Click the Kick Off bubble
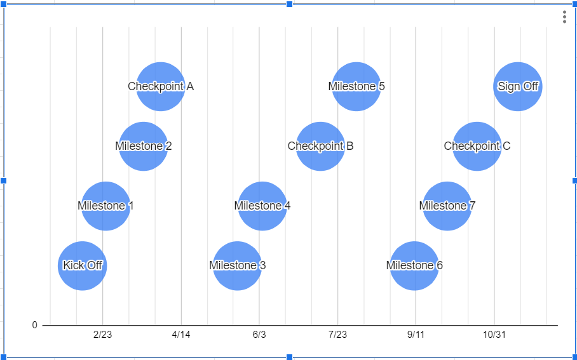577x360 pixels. click(83, 265)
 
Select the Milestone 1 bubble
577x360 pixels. click(106, 206)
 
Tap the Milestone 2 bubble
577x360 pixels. click(144, 146)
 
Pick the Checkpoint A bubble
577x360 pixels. click(161, 86)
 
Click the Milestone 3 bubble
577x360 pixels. click(237, 265)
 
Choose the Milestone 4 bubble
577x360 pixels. click(262, 206)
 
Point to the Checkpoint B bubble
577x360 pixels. click(320, 146)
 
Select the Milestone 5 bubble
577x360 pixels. click(356, 86)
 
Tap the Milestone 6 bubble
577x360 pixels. click(414, 265)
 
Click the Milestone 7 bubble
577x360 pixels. click(447, 206)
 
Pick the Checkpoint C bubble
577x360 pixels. click(477, 146)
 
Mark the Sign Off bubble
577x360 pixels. click(518, 86)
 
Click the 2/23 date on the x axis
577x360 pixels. click(102, 335)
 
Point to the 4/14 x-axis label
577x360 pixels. click(181, 335)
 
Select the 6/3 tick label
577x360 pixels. click(259, 335)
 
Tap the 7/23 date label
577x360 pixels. click(337, 335)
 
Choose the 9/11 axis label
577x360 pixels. click(416, 335)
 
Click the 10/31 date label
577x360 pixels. click(494, 335)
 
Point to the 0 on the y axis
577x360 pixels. click(35, 325)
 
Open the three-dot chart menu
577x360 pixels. click(564, 17)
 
